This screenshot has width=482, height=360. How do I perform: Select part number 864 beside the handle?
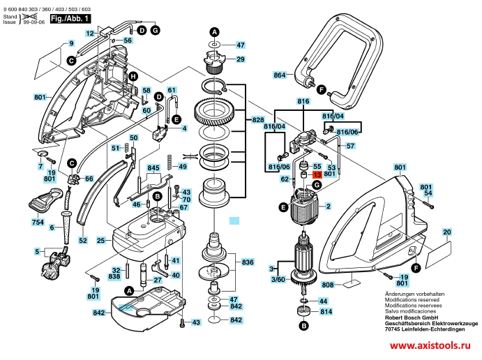pos(280,75)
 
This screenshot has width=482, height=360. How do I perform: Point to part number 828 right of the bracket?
pos(257,120)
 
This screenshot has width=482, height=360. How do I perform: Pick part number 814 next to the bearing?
pos(326,312)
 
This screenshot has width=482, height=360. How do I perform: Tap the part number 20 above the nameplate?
pos(446,232)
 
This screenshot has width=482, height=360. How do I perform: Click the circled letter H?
pos(132,76)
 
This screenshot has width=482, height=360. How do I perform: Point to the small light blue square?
pos(234,219)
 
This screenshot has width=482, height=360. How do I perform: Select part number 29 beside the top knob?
pos(241,59)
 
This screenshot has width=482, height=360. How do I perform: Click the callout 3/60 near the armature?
pos(278,279)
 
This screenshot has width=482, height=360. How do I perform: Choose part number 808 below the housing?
pos(327,285)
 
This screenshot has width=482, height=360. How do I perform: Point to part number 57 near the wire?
pos(351,146)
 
